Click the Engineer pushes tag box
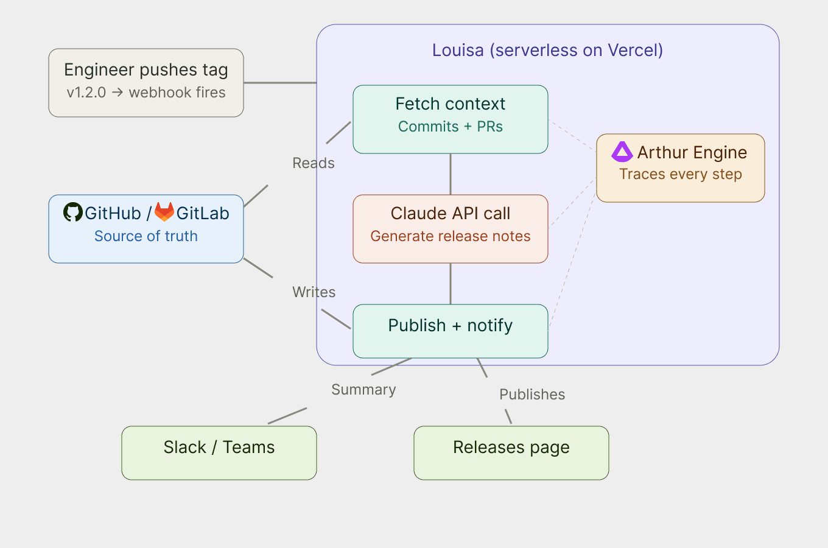[x=146, y=83]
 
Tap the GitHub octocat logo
[x=73, y=212]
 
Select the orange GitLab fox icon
[x=164, y=212]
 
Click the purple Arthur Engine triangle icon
[x=622, y=152]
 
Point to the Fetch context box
[x=451, y=119]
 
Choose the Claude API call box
[x=451, y=229]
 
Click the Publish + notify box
[x=451, y=331]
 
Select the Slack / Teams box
[x=219, y=453]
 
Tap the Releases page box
[x=511, y=453]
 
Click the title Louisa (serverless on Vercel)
[x=547, y=50]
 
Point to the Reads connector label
[x=314, y=163]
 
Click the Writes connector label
[x=314, y=292]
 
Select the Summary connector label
[x=363, y=390]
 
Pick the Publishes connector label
[x=532, y=395]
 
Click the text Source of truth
[x=146, y=236]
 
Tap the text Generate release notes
[x=451, y=236]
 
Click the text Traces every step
[x=681, y=174]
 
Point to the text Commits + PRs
[x=451, y=127]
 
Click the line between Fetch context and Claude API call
[x=451, y=174]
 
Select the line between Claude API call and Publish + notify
[x=451, y=284]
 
